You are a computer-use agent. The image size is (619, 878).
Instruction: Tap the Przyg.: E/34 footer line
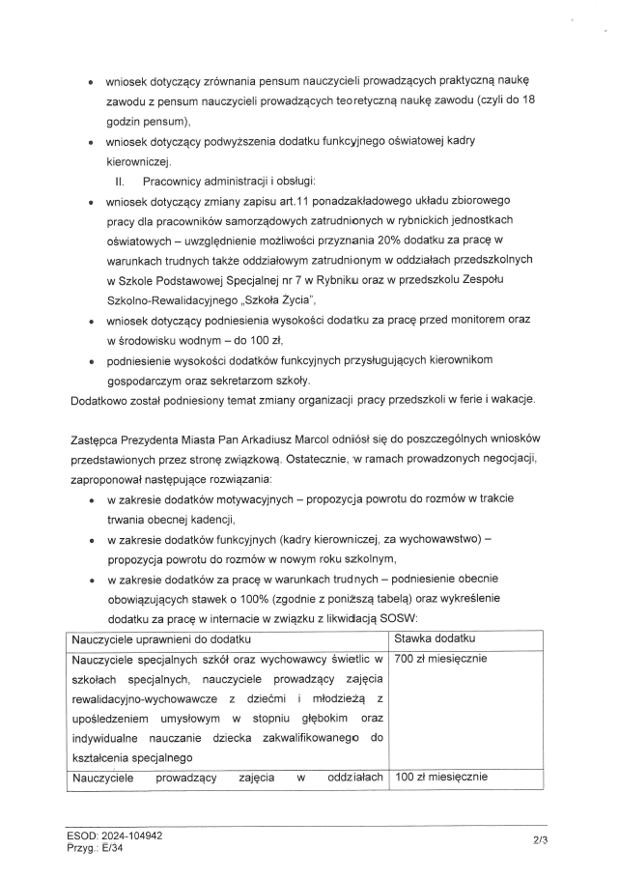(x=97, y=846)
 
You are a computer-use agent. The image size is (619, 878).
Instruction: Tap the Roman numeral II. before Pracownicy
(x=121, y=182)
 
